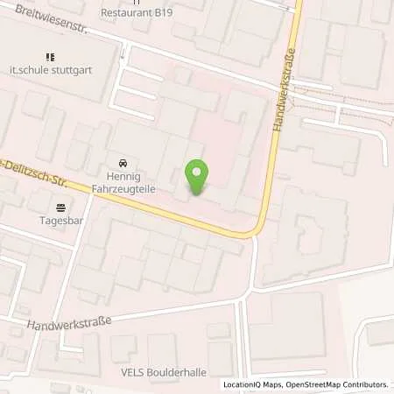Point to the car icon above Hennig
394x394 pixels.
point(123,162)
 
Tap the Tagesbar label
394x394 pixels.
point(60,221)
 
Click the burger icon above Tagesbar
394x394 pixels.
point(60,208)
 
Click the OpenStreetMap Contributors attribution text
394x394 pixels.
point(336,384)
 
